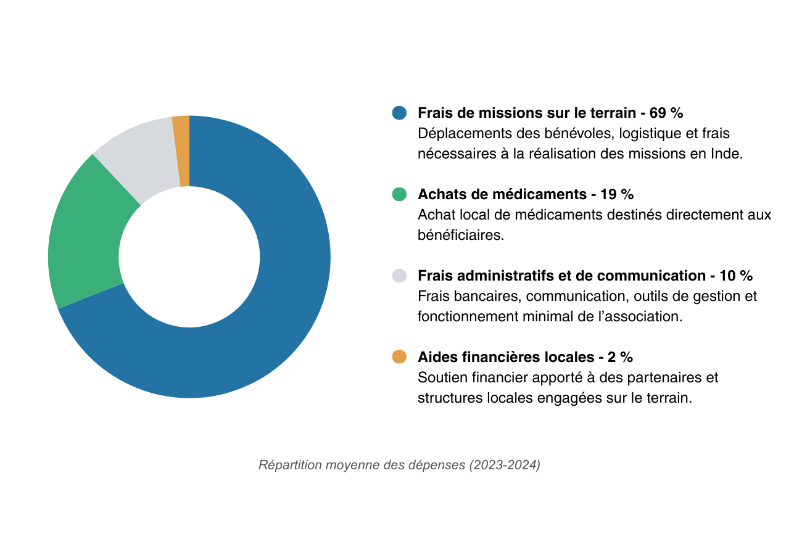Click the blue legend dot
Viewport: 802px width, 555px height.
point(400,113)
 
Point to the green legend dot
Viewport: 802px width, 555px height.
point(400,194)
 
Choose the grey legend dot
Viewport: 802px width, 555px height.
point(400,276)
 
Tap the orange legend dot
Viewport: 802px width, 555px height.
point(400,357)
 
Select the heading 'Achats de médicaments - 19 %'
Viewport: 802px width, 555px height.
point(526,194)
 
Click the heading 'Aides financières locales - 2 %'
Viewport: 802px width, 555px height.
point(525,357)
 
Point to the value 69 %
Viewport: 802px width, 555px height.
point(666,113)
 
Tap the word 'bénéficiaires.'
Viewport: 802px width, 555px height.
point(461,236)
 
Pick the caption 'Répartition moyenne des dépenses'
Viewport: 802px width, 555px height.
point(362,465)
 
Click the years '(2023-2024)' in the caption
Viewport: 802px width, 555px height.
point(505,465)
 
